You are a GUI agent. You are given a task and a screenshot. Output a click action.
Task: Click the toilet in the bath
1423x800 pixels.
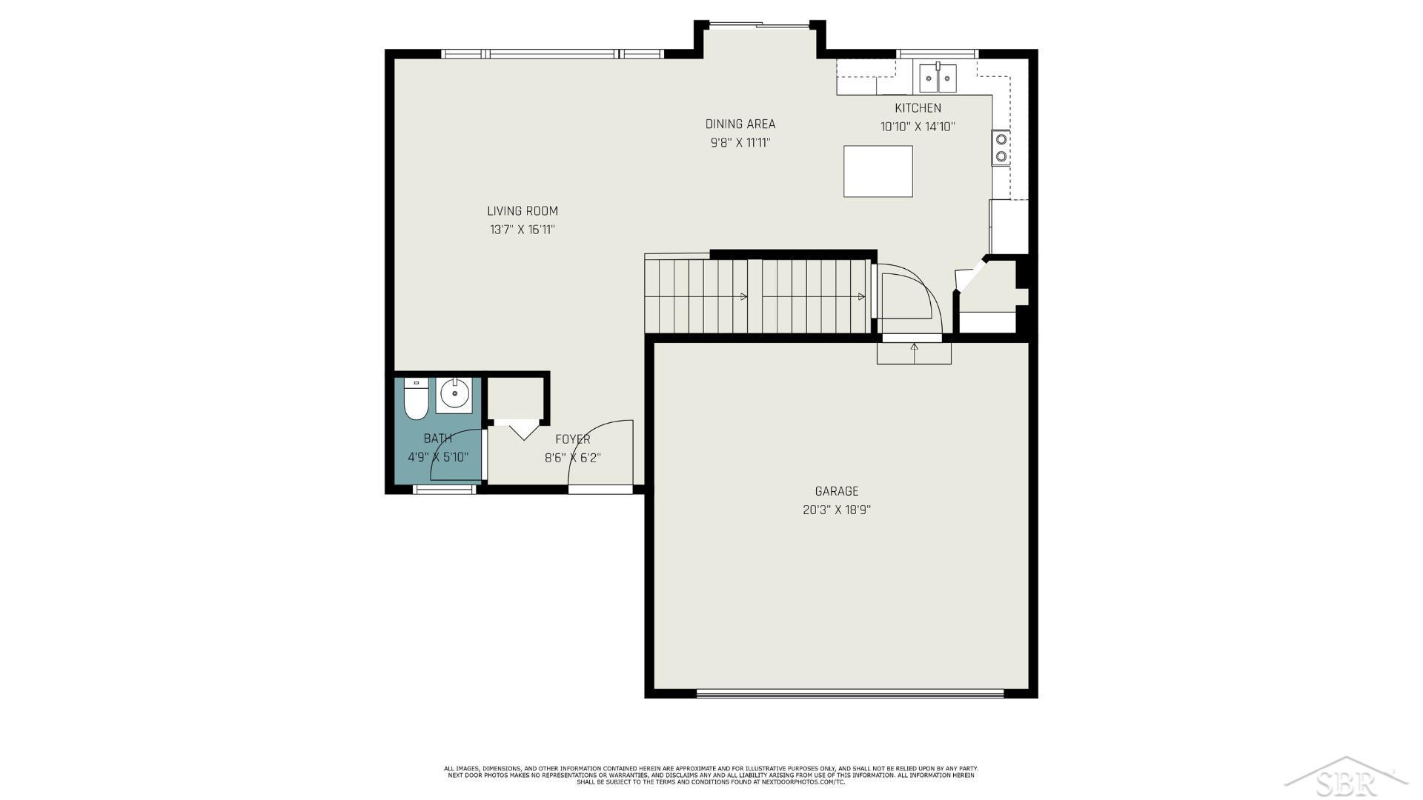tap(416, 400)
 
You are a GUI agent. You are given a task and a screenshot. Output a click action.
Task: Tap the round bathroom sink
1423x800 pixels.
tap(452, 395)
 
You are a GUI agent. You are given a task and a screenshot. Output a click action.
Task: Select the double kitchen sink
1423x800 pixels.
tap(938, 78)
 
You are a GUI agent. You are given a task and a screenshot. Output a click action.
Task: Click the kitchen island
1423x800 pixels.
tap(878, 171)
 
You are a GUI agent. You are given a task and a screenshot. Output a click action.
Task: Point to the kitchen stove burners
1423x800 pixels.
tap(1001, 147)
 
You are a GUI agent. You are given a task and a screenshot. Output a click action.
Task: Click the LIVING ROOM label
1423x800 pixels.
tap(523, 211)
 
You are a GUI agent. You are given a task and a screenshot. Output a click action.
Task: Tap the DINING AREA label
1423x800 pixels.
tap(740, 124)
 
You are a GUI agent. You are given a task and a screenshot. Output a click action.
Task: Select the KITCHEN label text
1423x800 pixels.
tap(918, 108)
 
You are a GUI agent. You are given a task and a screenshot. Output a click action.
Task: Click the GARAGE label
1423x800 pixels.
tap(837, 491)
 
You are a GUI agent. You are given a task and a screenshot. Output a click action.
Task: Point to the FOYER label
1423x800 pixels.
tap(573, 439)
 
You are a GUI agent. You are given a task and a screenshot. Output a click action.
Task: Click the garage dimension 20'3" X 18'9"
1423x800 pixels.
tap(837, 510)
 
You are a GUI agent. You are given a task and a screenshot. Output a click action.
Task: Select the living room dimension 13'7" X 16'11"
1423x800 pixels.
tap(523, 230)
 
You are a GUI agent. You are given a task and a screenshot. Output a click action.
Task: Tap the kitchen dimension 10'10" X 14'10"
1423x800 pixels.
tap(918, 127)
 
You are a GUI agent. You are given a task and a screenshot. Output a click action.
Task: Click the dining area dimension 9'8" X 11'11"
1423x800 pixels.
tap(740, 142)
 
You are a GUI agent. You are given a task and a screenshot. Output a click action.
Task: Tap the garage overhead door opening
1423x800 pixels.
tap(850, 694)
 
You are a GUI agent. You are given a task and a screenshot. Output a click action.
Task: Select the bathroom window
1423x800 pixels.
tap(444, 489)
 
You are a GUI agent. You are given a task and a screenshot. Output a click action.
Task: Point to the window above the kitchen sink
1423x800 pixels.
tap(938, 53)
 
